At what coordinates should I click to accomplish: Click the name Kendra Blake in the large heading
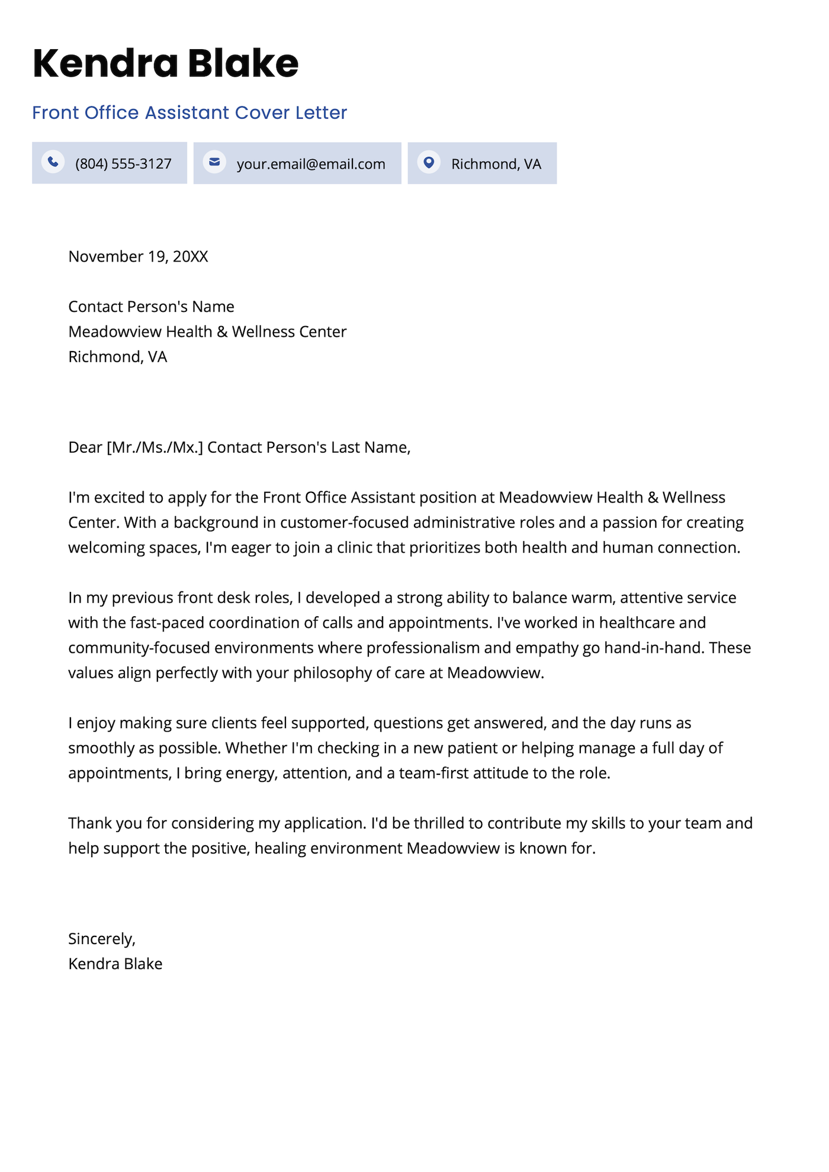165,63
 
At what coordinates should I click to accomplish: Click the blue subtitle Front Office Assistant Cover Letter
189,112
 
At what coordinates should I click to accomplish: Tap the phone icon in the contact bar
53,162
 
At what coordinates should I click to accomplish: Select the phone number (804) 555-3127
123,164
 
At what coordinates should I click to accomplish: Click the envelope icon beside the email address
214,162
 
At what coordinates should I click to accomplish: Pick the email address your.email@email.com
311,164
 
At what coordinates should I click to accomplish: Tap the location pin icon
429,162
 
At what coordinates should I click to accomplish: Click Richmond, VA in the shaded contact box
496,164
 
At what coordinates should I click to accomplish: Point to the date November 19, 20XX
138,256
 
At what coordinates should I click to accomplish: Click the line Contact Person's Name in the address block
151,307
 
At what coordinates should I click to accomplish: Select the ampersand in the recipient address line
222,331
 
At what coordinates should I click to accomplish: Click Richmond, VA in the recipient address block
117,357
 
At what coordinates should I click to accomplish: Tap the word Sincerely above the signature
101,939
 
